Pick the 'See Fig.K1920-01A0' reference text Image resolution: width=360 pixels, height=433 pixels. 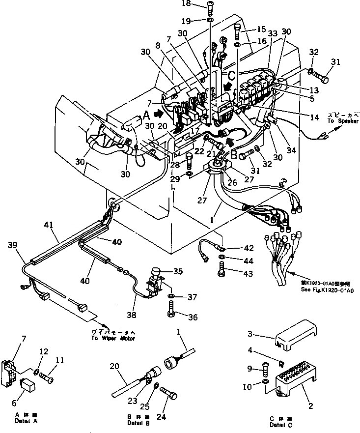pyautogui.click(x=331, y=290)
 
